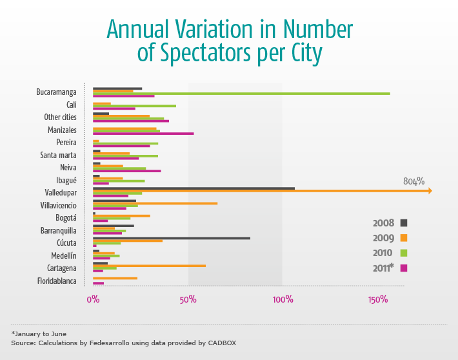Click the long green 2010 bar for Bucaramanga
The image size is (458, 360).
pyautogui.click(x=242, y=94)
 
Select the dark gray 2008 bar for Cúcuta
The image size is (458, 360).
pyautogui.click(x=171, y=238)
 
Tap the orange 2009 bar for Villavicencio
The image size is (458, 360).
pyautogui.click(x=155, y=203)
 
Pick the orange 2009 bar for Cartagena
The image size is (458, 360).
pyautogui.click(x=149, y=265)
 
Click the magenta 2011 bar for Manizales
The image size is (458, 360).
pyautogui.click(x=143, y=134)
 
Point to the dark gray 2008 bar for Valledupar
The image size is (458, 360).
pyautogui.click(x=194, y=188)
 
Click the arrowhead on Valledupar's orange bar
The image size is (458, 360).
pyautogui.click(x=429, y=191)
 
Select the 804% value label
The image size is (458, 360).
pyautogui.click(x=413, y=181)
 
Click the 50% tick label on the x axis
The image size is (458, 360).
pyautogui.click(x=188, y=300)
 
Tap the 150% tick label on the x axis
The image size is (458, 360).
pyautogui.click(x=378, y=300)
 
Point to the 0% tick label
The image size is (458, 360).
pyautogui.click(x=93, y=300)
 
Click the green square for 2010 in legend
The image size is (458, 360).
pyautogui.click(x=404, y=252)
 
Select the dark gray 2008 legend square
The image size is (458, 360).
pyautogui.click(x=404, y=223)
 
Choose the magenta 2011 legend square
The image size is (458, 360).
pyautogui.click(x=404, y=268)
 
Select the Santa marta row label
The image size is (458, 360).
pyautogui.click(x=58, y=155)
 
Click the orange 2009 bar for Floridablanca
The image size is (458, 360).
pyautogui.click(x=115, y=278)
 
